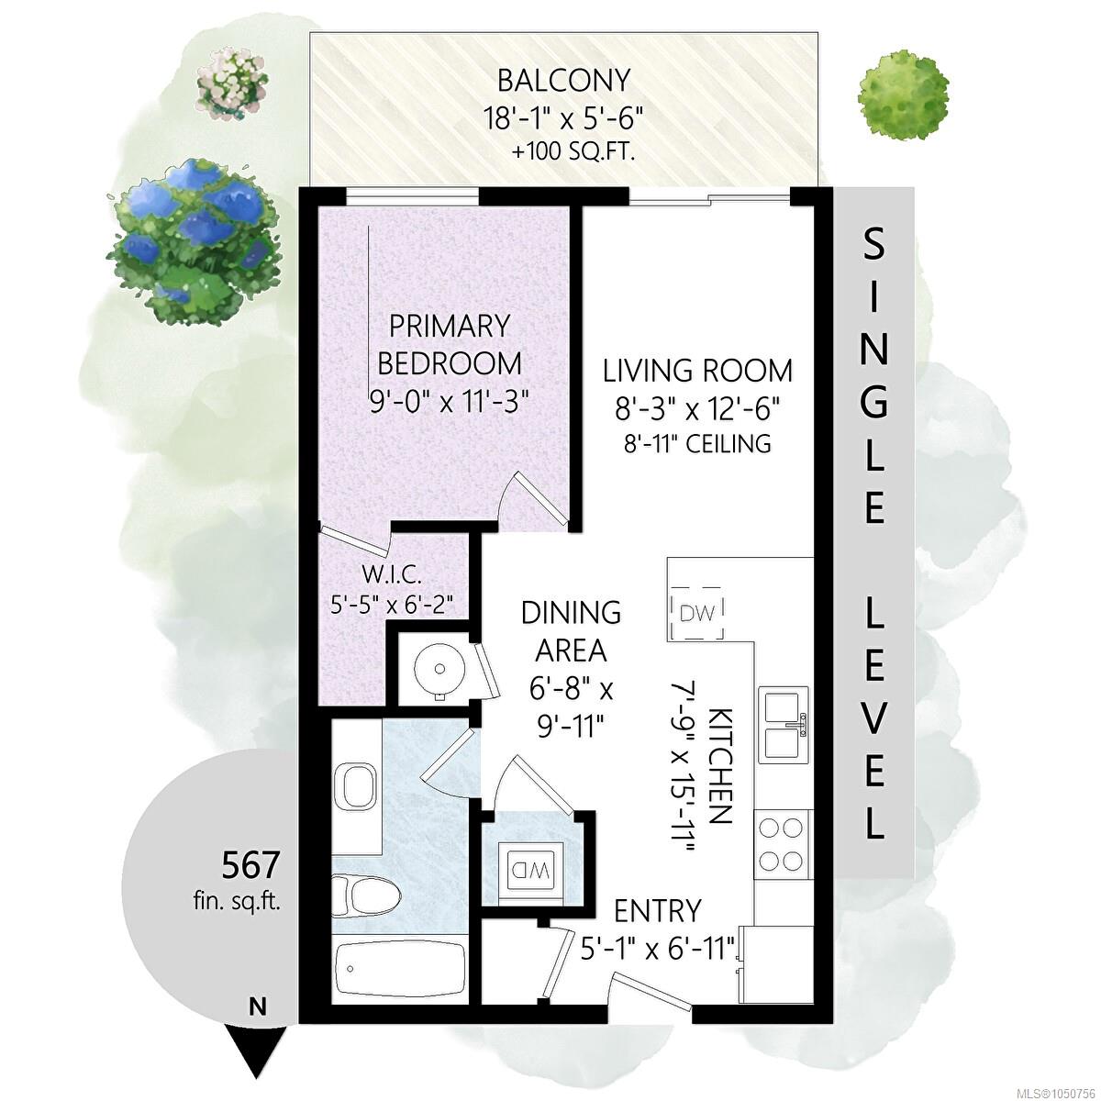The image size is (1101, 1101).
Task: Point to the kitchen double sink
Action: point(784,724)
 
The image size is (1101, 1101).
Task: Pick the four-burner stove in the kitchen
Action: point(782,844)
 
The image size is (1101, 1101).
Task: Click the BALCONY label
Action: point(563,81)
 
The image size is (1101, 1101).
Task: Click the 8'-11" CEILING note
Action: point(697,443)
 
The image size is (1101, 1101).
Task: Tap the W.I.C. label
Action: point(393,576)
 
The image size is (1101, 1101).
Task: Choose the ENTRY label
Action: point(657,911)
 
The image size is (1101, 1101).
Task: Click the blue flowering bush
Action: point(195,240)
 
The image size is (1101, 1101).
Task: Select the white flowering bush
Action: point(232,83)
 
